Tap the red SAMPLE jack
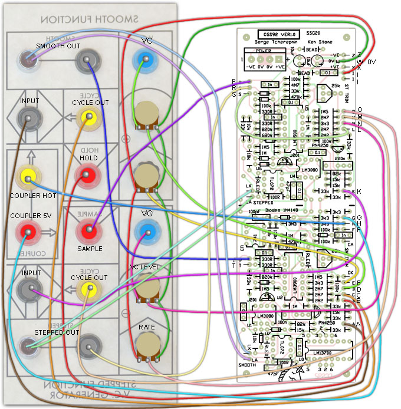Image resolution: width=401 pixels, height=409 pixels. pos(88,230)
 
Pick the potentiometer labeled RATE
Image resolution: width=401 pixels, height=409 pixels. pos(146,345)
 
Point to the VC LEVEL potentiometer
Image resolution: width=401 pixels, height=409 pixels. pos(146,288)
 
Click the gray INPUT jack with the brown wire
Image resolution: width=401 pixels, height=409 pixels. pos(27,120)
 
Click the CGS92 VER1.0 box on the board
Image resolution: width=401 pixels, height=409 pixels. pos(280,35)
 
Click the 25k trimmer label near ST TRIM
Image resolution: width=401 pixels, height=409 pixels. pos(336,87)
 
